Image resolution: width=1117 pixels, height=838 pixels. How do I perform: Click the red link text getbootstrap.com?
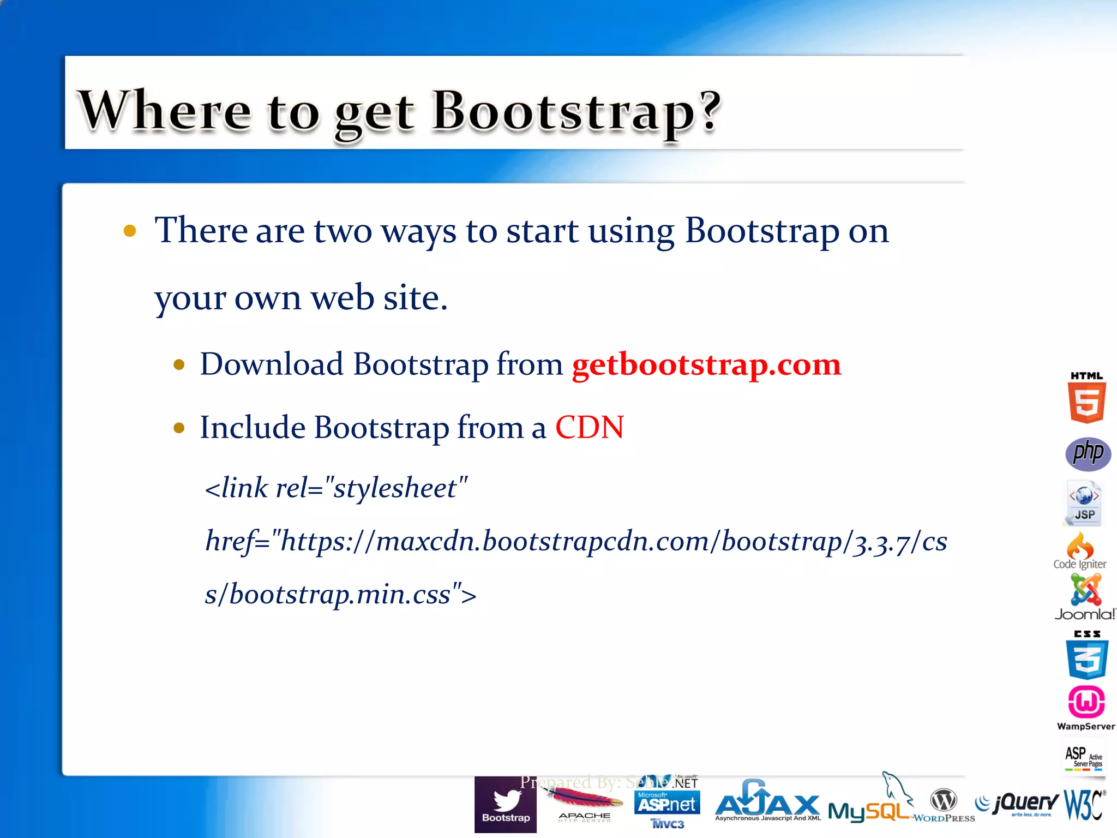(x=706, y=364)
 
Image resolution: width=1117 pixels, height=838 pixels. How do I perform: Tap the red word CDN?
(x=590, y=427)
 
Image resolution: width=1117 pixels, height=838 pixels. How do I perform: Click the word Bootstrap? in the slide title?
(x=576, y=111)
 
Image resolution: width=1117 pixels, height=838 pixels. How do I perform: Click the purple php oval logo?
(x=1088, y=454)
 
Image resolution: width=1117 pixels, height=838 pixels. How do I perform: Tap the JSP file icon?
(x=1084, y=502)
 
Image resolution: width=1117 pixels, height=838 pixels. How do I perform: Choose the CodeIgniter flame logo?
(x=1080, y=549)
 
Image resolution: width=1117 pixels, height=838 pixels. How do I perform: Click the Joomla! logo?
(x=1085, y=597)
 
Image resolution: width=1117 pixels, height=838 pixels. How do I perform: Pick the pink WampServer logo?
(x=1086, y=707)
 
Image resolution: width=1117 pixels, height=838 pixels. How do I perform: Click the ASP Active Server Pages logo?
(x=1084, y=756)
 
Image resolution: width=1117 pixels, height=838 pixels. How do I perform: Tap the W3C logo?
(x=1084, y=804)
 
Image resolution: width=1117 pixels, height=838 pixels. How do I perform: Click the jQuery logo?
(x=1018, y=804)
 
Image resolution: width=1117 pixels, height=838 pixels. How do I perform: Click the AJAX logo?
(x=767, y=803)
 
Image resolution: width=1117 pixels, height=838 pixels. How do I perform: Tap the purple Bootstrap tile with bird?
(x=506, y=805)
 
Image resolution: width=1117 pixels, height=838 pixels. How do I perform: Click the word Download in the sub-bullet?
(x=272, y=364)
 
